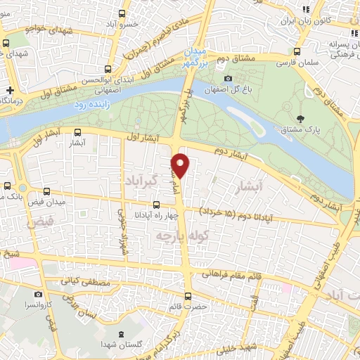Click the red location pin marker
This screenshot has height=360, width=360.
coord(181,165)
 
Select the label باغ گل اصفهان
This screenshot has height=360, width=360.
coord(229,90)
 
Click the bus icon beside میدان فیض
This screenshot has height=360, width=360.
coord(46,191)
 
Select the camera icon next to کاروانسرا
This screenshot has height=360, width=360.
coord(38,295)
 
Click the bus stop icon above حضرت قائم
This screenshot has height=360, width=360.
coord(188,296)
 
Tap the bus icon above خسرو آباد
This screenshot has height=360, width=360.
coord(123,13)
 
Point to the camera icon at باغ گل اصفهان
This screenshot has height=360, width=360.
coord(228,78)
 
